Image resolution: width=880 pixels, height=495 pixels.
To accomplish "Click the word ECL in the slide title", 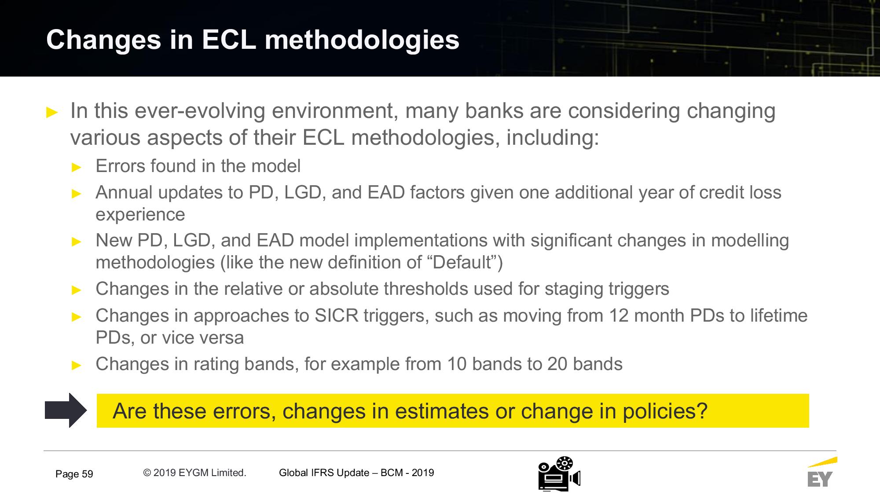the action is pyautogui.click(x=229, y=40).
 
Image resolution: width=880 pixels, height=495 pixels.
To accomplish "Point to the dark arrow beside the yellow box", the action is pyautogui.click(x=66, y=410).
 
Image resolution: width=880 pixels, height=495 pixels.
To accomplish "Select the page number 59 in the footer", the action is pyautogui.click(x=87, y=474).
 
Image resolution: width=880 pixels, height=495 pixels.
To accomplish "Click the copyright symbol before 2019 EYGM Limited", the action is pyautogui.click(x=147, y=473).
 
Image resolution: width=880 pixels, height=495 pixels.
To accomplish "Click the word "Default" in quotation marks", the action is pyautogui.click(x=462, y=262).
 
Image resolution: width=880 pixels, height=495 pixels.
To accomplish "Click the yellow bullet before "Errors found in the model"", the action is pyautogui.click(x=77, y=167).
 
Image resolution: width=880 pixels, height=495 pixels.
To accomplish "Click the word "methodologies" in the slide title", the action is pyautogui.click(x=362, y=40).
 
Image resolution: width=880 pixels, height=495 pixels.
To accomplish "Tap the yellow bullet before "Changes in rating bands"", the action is pyautogui.click(x=77, y=365).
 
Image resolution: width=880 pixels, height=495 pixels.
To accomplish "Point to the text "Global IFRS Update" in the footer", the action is pyautogui.click(x=324, y=473).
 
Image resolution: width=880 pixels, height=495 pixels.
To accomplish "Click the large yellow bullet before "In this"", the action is pyautogui.click(x=52, y=113).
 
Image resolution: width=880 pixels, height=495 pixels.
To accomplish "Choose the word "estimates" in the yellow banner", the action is pyautogui.click(x=442, y=411).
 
